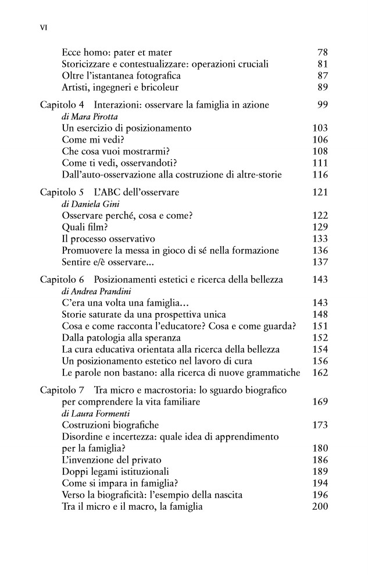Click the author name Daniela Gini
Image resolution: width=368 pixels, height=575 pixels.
click(x=85, y=204)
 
